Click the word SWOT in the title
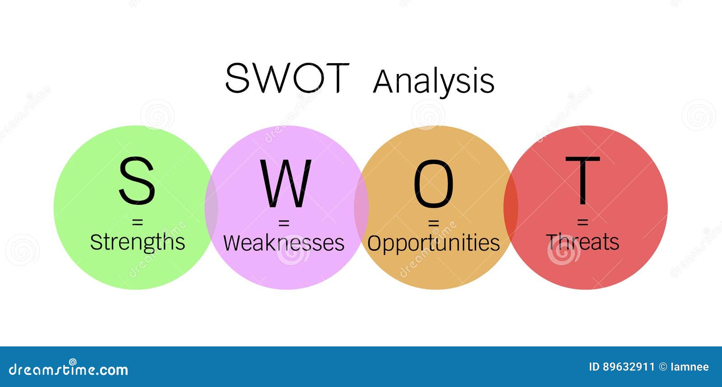287,78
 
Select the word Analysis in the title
434,82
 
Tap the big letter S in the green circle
137,180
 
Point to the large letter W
286,183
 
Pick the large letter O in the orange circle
433,184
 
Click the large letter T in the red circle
583,180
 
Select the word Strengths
138,242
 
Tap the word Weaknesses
284,243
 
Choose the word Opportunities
433,243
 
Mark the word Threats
583,242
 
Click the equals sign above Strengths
137,222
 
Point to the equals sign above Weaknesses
283,222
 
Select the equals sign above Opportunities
433,222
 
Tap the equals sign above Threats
583,222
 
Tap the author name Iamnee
690,367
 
